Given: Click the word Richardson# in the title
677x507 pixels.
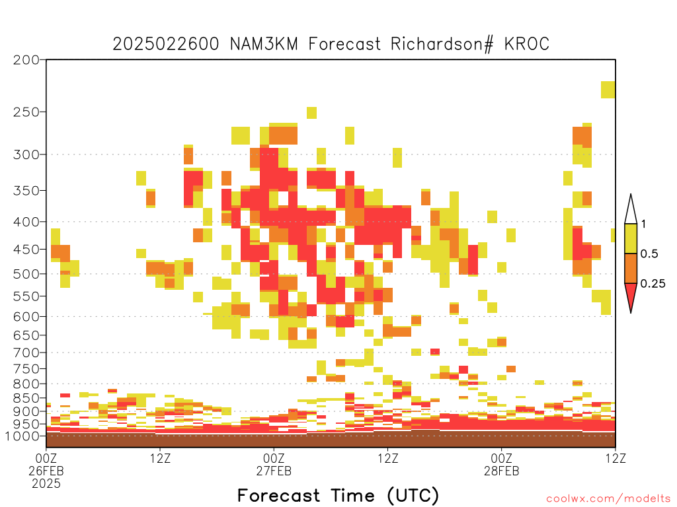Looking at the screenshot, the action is click(x=442, y=44).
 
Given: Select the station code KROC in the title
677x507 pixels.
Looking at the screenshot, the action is click(x=527, y=44).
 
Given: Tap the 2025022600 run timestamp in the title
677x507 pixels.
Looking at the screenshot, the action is click(x=166, y=44).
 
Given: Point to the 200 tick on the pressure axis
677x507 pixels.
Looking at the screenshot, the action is click(x=26, y=60).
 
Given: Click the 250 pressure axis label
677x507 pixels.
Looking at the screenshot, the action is click(x=26, y=112).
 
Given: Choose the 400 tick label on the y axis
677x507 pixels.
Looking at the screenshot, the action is click(x=26, y=222).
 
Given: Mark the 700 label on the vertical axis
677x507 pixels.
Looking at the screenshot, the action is click(x=26, y=353).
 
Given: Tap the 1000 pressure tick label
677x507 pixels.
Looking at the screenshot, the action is click(x=22, y=436).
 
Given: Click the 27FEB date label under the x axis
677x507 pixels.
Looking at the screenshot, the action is click(x=274, y=471).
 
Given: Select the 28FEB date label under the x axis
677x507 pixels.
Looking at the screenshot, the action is click(x=501, y=471).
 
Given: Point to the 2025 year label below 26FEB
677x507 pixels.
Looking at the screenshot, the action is click(x=46, y=484).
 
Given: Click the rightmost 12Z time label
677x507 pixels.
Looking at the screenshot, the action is click(x=616, y=458).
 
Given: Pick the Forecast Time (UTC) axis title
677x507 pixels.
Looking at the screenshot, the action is click(x=338, y=495).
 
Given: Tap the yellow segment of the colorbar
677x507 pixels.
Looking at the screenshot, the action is click(x=631, y=238).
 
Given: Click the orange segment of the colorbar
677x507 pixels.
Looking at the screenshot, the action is click(x=631, y=268).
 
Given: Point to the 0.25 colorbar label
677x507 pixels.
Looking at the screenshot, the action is click(x=653, y=284).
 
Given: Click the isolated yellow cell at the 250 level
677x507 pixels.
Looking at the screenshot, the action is click(x=312, y=113).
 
